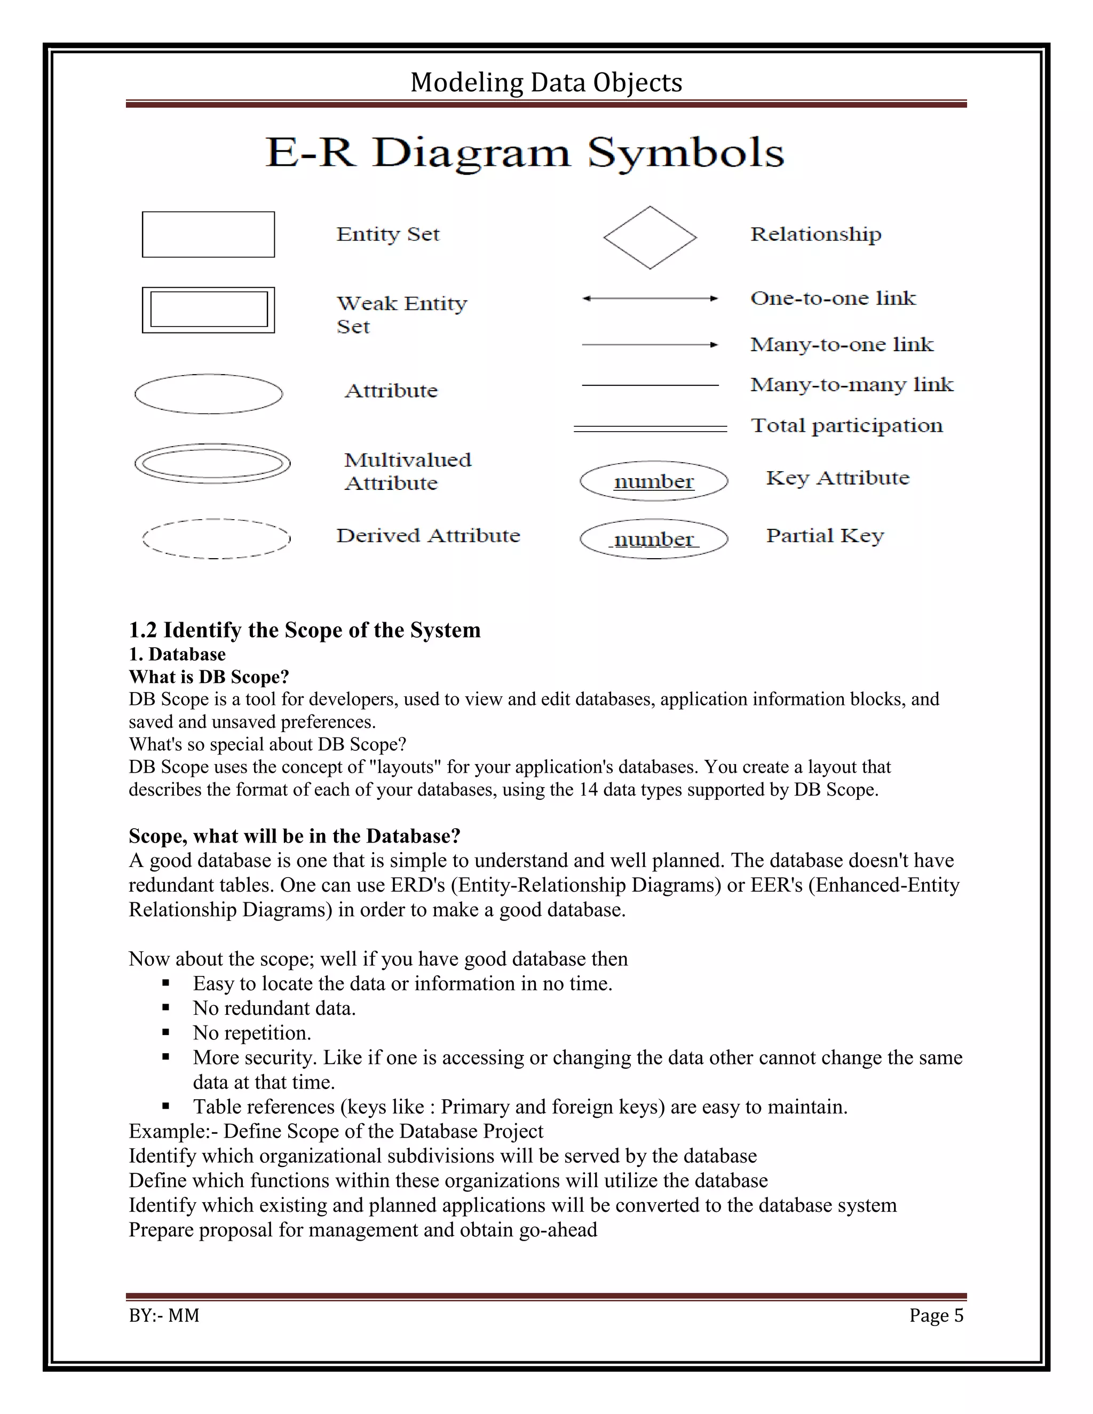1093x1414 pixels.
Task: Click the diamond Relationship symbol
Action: click(650, 237)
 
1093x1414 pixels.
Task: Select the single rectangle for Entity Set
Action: click(208, 234)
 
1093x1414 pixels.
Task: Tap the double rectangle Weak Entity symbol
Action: click(208, 310)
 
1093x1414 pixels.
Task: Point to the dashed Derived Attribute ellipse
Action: click(216, 539)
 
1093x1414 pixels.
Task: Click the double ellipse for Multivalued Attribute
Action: click(212, 464)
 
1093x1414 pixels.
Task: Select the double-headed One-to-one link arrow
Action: click(650, 298)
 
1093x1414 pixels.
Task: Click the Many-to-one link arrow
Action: click(650, 345)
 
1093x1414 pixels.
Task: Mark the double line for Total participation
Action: click(650, 428)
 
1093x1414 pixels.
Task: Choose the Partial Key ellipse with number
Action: click(653, 539)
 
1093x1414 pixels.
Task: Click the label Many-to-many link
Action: click(851, 385)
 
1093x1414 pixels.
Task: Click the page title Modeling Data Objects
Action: click(546, 83)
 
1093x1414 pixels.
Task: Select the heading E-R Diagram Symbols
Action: click(525, 153)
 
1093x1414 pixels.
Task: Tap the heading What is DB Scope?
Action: click(209, 677)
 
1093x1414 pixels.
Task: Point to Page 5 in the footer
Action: click(936, 1315)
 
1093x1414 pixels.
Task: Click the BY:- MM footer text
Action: click(164, 1315)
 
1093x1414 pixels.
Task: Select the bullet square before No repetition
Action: click(166, 1032)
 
